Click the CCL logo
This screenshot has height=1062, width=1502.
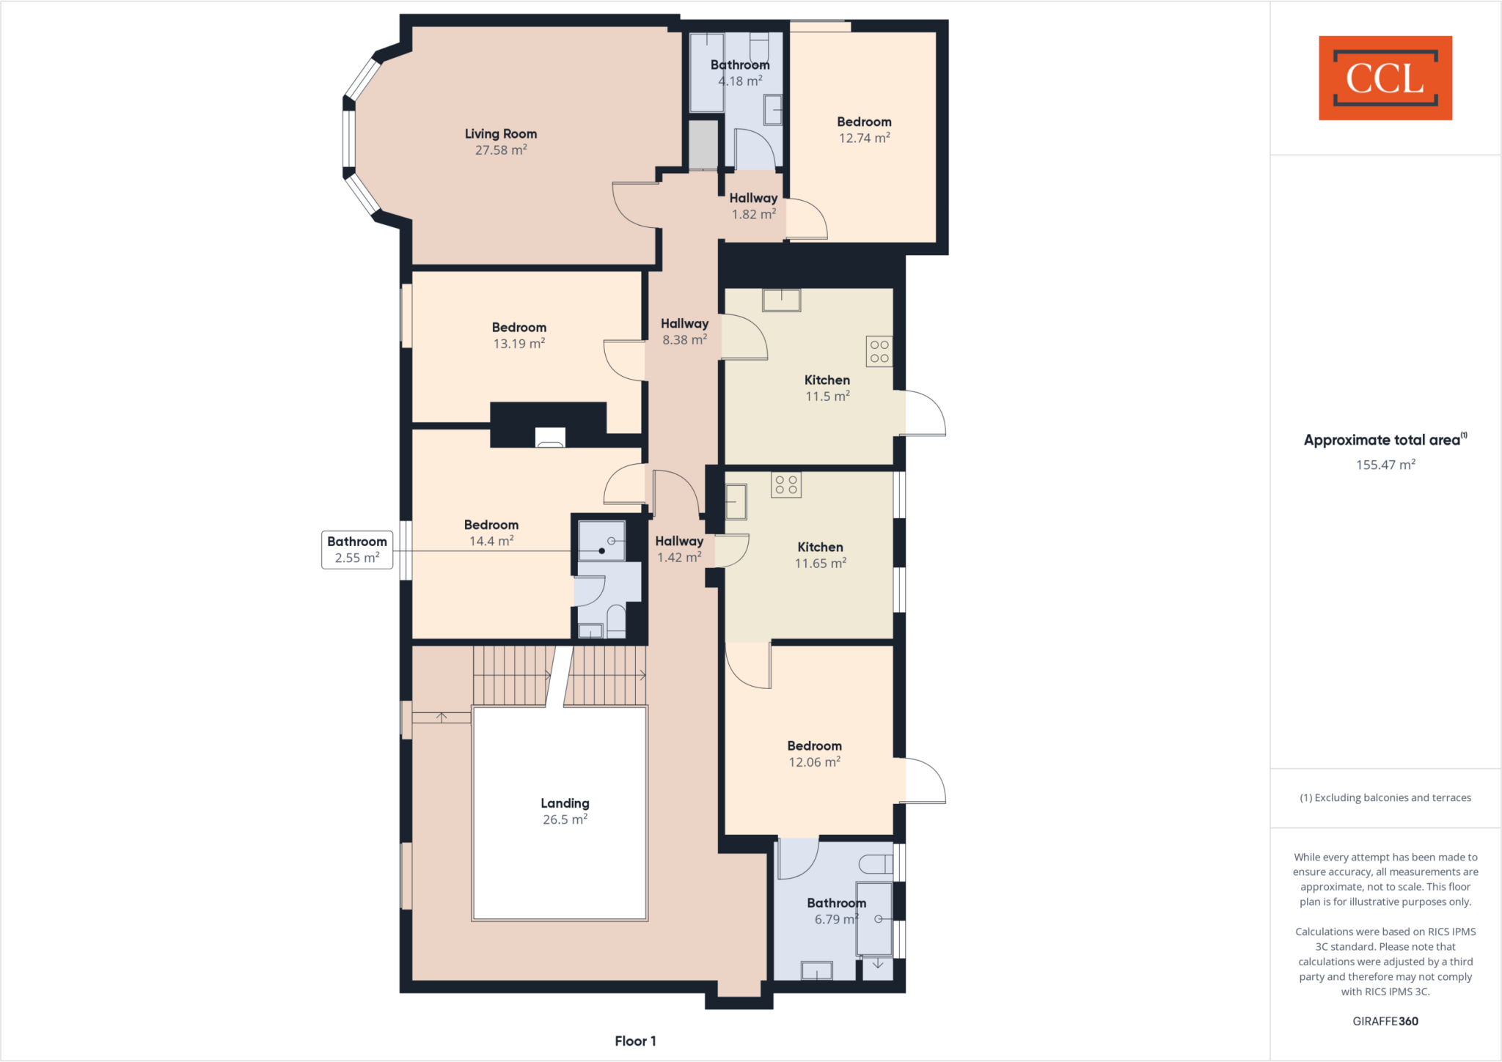tap(1385, 78)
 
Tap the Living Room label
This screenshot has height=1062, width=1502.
tap(501, 133)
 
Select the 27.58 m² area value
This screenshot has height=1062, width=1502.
tap(501, 150)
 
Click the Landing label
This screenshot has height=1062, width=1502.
tap(565, 803)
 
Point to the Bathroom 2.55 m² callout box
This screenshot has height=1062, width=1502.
tap(357, 550)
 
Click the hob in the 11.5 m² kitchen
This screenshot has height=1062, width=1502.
tap(879, 351)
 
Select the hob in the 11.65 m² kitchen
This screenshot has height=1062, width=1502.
tap(786, 484)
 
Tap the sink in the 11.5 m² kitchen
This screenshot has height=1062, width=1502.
tap(781, 300)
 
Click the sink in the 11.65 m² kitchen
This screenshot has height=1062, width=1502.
tap(736, 502)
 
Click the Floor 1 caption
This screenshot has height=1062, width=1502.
tap(635, 1041)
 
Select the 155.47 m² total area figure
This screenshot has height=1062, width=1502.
tap(1385, 465)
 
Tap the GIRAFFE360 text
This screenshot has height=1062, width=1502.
tap(1385, 1021)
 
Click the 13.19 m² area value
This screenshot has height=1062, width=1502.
tap(519, 344)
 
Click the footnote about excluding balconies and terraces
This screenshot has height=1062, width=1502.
tap(1385, 797)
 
